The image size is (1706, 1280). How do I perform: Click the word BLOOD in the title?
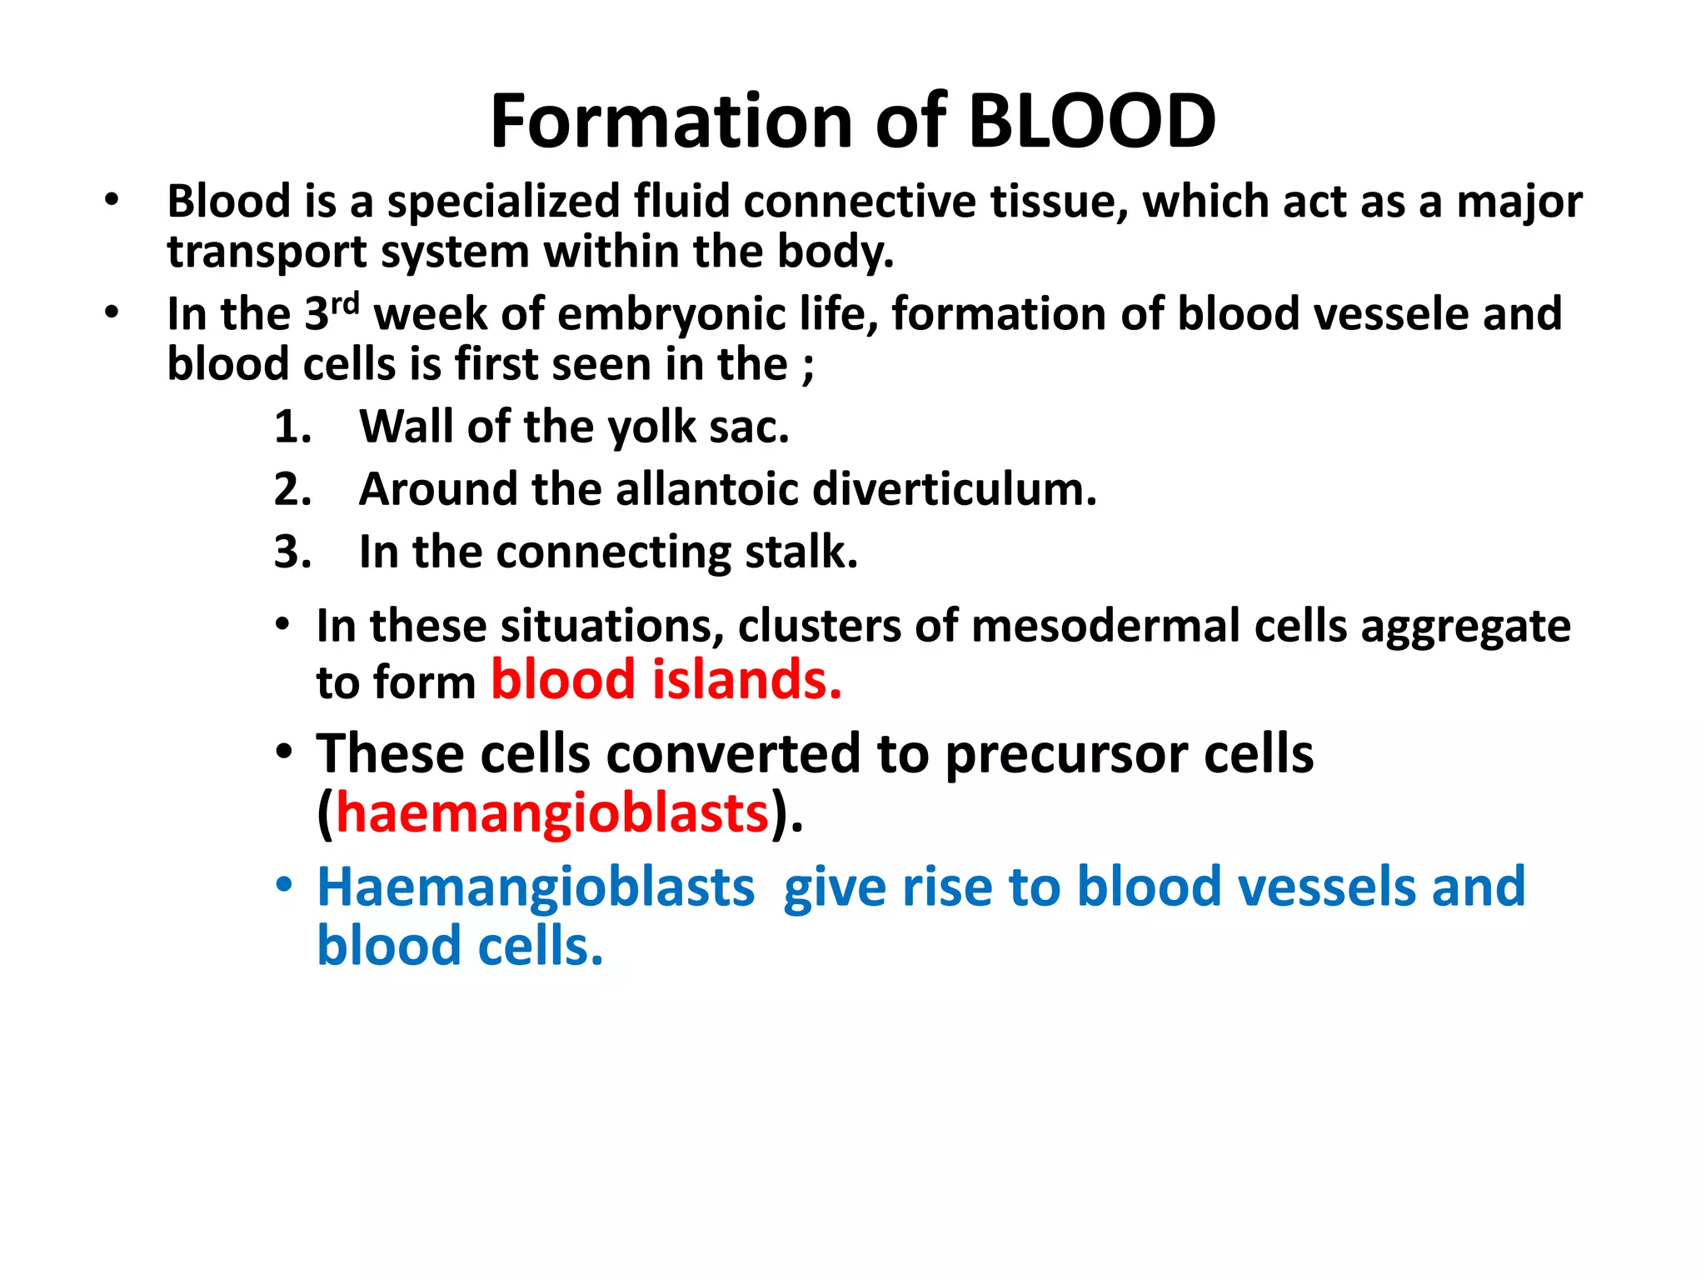coord(1091,122)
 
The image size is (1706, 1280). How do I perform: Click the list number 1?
coord(292,427)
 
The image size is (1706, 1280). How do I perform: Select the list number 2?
coord(292,489)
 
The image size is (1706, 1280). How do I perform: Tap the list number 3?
coord(292,552)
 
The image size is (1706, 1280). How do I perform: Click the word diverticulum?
coord(955,489)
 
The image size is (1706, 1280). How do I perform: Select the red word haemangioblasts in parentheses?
coord(552,813)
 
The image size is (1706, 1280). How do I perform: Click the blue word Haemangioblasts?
coord(536,887)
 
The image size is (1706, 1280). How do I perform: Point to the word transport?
coord(267,252)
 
